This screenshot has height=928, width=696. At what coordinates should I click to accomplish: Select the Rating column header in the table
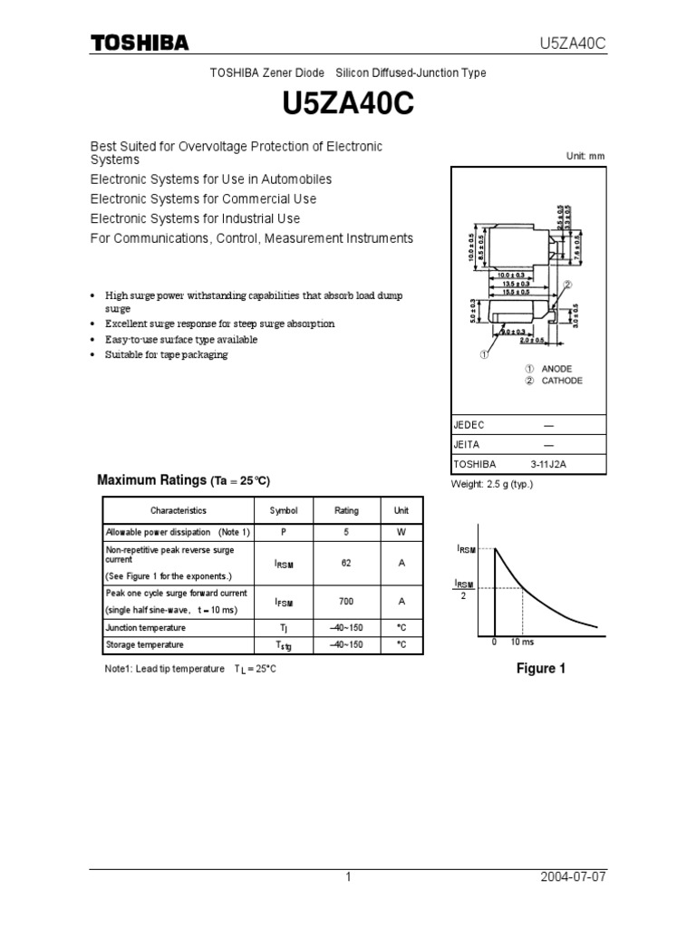click(346, 511)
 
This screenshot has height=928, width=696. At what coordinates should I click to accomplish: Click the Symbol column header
click(284, 511)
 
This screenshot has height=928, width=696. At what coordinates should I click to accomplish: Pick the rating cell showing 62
click(346, 563)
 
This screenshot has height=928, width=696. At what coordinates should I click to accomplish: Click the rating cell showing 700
click(346, 602)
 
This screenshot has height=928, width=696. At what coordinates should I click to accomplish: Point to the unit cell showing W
click(401, 532)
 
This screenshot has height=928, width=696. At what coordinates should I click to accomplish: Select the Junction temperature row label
click(145, 628)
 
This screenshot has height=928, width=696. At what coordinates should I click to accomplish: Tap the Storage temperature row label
click(144, 645)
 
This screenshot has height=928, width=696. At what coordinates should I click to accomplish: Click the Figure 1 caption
click(540, 669)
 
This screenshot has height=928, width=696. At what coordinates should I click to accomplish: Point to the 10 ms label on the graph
click(521, 642)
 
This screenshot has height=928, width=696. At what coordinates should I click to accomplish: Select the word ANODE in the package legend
click(556, 369)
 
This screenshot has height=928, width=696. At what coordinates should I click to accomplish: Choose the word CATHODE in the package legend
click(562, 381)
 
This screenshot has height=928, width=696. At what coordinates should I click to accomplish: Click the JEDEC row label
click(469, 425)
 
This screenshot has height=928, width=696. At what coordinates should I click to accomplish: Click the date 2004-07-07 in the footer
click(571, 877)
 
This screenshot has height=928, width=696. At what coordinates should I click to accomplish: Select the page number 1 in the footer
click(347, 877)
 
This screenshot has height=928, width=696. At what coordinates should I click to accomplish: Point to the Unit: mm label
click(585, 156)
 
